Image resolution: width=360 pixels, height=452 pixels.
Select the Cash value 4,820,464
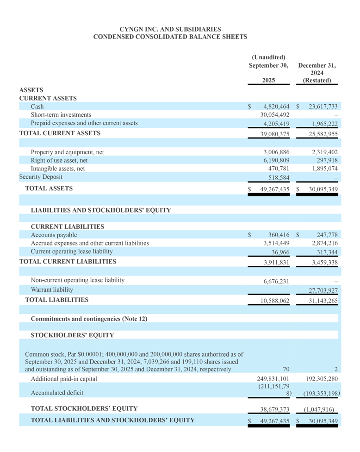pyautogui.click(x=276, y=107)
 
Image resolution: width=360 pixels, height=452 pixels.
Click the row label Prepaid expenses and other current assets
pyautogui.click(x=84, y=123)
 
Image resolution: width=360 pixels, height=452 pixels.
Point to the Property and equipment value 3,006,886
pyautogui.click(x=276, y=152)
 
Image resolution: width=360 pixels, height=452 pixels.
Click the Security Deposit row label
pyautogui.click(x=41, y=177)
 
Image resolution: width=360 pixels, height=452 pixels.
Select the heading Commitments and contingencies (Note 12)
pyautogui.click(x=88, y=319)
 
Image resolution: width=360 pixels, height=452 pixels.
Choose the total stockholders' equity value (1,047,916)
pyautogui.click(x=322, y=409)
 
